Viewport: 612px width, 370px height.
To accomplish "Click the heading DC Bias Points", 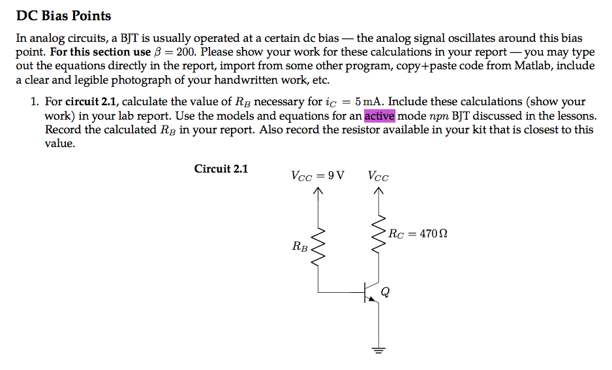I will tap(63, 16).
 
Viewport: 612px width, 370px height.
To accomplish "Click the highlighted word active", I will tap(379, 116).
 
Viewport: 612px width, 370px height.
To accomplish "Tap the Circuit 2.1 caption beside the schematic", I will tap(221, 169).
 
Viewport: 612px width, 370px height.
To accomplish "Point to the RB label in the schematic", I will tap(301, 246).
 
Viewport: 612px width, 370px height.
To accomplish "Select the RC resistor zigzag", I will tap(377, 234).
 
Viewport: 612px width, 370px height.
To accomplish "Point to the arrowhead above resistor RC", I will tap(377, 192).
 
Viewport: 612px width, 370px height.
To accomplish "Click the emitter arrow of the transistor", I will tap(372, 299).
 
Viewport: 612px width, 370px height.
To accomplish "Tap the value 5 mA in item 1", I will tap(369, 102).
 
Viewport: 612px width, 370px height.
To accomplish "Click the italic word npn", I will tap(438, 116).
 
